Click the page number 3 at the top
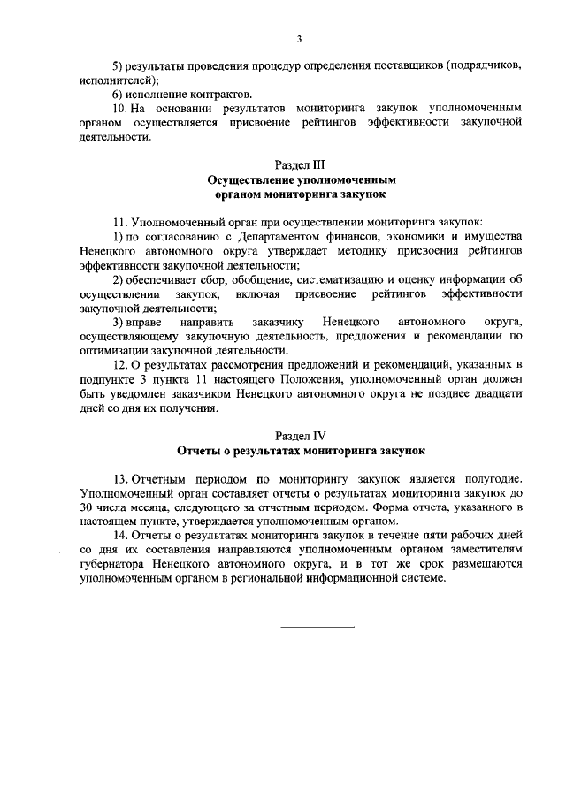click(300, 38)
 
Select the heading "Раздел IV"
click(300, 437)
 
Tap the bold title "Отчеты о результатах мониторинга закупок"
click(301, 451)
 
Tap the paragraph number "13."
click(120, 478)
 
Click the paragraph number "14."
click(120, 536)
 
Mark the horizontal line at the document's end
click(317, 628)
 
